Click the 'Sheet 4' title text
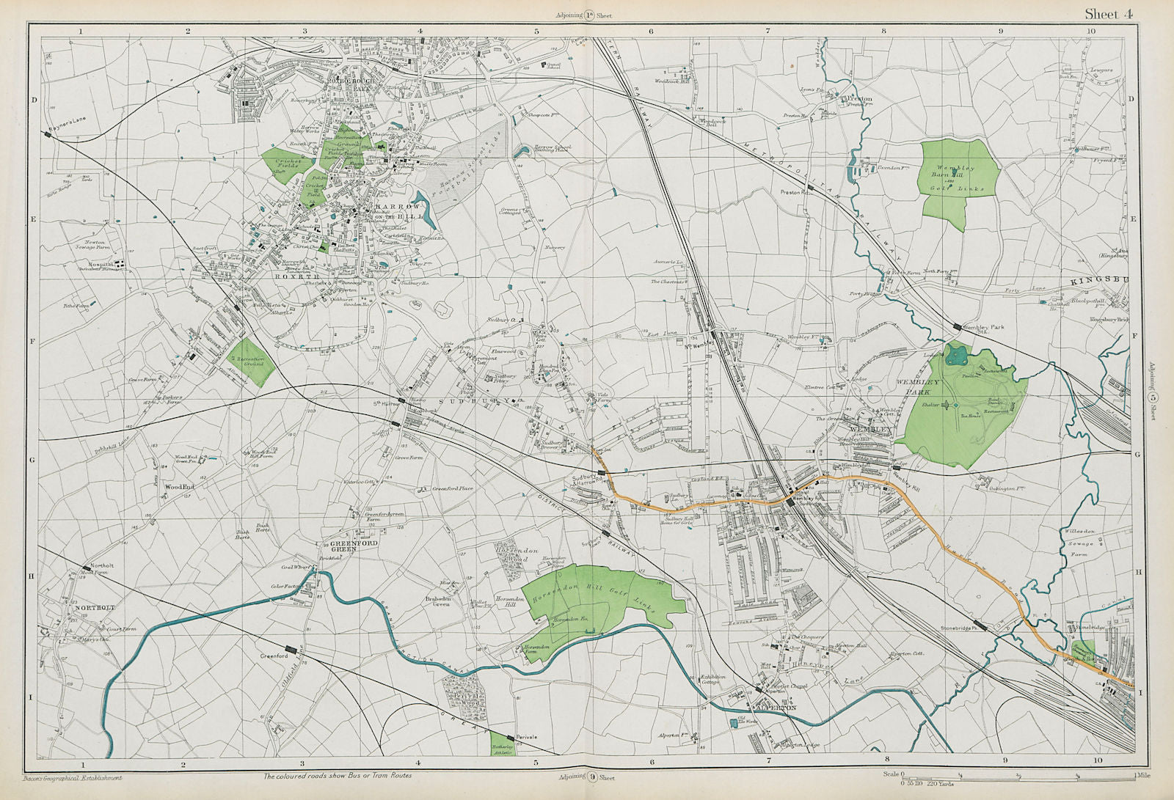tap(1108, 14)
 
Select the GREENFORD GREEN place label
tap(341, 546)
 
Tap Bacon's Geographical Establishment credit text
tap(72, 777)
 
